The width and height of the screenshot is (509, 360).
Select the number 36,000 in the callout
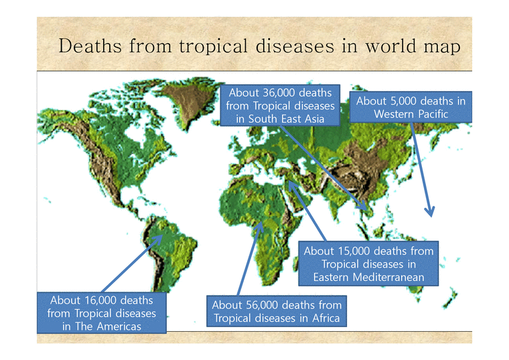[279, 93]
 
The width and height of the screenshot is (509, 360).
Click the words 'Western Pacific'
[411, 114]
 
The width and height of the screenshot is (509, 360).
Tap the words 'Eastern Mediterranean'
[368, 277]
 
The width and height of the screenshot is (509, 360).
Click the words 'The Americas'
[102, 326]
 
